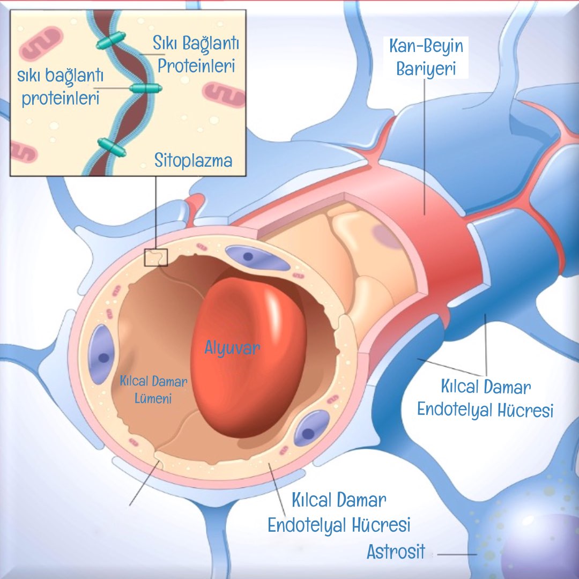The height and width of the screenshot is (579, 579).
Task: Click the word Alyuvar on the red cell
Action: tap(232, 347)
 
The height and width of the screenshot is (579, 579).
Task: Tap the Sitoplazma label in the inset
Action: tap(194, 160)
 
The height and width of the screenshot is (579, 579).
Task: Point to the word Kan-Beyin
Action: tap(427, 47)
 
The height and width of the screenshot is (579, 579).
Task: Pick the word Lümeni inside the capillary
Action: tap(146, 398)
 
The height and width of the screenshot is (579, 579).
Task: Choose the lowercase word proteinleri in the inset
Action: tap(61, 98)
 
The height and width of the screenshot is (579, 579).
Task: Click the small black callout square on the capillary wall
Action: tap(156, 257)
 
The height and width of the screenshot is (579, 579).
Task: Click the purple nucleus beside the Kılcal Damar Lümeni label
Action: tap(101, 354)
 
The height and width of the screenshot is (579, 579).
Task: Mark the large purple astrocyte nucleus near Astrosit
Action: tap(541, 541)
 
